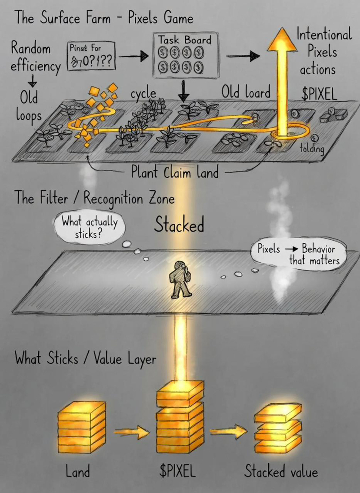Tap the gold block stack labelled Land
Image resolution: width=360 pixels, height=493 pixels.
(81, 427)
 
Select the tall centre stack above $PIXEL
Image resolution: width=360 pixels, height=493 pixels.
(180, 417)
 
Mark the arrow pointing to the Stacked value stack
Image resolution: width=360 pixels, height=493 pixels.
(227, 432)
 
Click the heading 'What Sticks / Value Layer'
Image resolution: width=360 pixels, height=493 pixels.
(85, 359)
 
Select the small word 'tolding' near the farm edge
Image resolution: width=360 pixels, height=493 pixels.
(312, 149)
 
